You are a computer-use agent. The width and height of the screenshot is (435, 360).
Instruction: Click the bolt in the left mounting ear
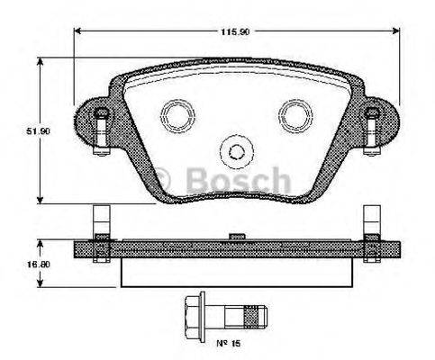[102, 125]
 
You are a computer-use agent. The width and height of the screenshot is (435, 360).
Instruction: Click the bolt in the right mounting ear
[371, 125]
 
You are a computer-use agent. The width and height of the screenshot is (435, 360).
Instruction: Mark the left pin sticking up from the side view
[102, 221]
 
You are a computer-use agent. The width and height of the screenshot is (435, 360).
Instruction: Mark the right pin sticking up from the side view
[371, 221]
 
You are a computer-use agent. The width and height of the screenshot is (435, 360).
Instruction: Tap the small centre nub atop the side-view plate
[236, 236]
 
